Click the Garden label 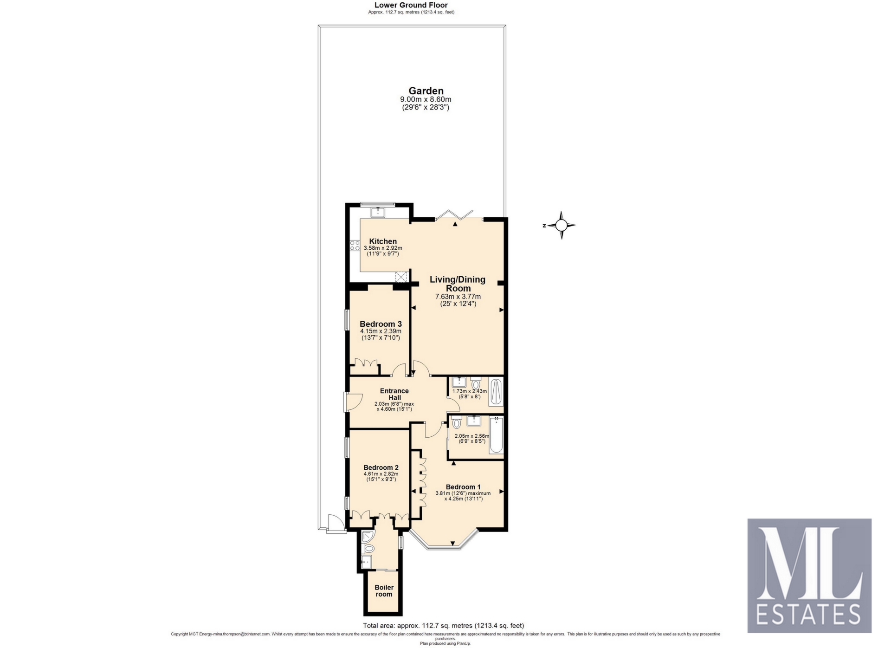coord(426,91)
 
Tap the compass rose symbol coord(561,225)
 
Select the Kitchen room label coord(383,241)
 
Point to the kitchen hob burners coord(355,246)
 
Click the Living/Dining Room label coord(458,284)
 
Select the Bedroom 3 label coord(381,324)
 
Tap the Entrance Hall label coord(394,394)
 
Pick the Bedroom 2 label coord(381,467)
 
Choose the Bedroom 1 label coord(463,487)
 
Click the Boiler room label coord(384,590)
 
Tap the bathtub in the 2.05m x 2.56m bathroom coord(496,434)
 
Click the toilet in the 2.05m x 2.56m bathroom coord(456,422)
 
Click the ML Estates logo coord(809,576)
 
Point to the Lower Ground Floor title coord(411,5)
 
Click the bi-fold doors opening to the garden coord(454,214)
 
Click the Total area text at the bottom coord(443,625)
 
